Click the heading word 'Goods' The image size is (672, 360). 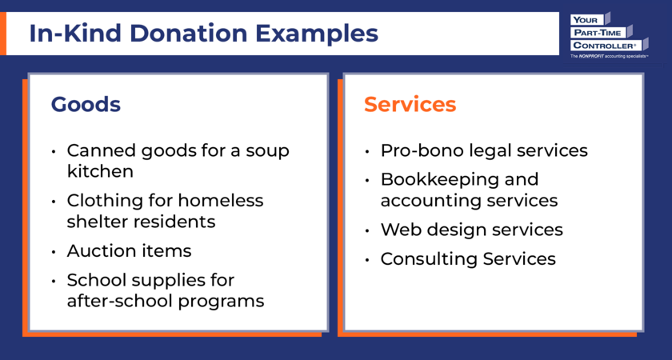coord(86,105)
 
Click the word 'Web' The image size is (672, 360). coord(398,230)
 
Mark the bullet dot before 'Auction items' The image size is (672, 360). coord(54,251)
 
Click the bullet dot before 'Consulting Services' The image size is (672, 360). coord(367,260)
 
